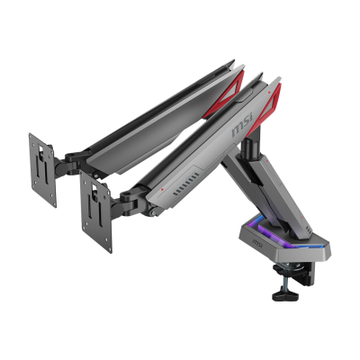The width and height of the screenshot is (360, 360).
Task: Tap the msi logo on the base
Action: click(257, 244)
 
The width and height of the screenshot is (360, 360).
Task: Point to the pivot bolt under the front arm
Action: click(154, 214)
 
